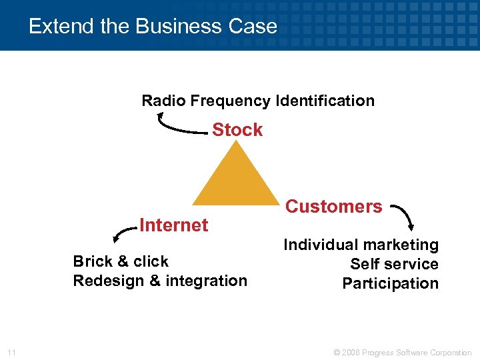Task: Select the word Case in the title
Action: click(253, 27)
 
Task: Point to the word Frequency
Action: click(231, 101)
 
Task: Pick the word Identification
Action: click(325, 101)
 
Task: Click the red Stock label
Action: click(237, 130)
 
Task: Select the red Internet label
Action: click(174, 225)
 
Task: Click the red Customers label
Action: click(334, 207)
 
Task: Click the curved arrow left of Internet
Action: click(124, 233)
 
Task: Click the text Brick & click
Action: click(121, 261)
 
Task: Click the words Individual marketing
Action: click(361, 245)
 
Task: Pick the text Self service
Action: click(394, 264)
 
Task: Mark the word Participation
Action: click(391, 283)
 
